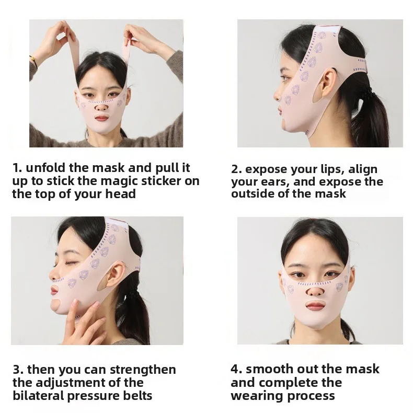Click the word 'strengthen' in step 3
143,369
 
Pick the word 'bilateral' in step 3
39,395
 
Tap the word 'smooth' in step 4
266,369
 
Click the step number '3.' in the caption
18,370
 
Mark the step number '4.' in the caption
236,369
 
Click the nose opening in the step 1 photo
101,107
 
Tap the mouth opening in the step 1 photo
101,117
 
